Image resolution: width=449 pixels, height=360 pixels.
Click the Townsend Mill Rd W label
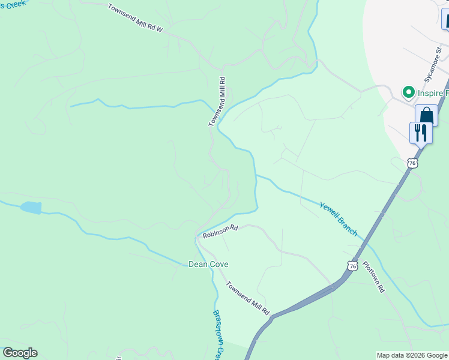135,18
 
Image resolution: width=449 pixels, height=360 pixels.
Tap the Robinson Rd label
220,232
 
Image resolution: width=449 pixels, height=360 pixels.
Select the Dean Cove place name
208,264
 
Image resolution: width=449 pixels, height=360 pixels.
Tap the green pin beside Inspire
409,92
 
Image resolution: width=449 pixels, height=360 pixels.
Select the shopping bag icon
426,115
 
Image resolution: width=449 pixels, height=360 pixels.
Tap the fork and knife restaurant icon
421,132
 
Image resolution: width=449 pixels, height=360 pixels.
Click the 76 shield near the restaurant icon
411,163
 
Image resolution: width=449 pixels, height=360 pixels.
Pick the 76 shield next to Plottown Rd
352,265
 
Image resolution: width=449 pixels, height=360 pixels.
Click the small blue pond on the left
31,208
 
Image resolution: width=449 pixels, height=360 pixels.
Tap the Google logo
20,353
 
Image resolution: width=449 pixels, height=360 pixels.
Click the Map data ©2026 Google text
411,355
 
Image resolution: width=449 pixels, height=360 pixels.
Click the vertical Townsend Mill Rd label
216,101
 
